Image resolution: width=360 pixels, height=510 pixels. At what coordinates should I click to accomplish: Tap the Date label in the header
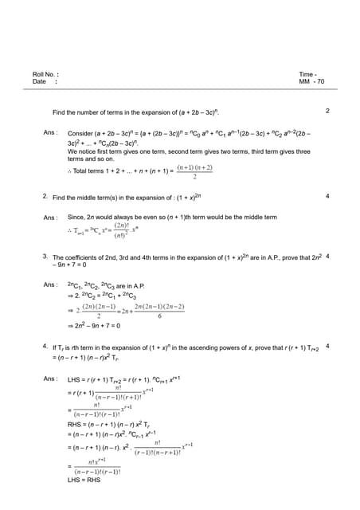click(x=39, y=82)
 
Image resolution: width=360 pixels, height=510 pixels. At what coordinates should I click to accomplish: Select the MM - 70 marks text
click(x=311, y=82)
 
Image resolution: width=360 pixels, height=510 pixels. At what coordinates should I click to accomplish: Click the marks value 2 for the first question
click(x=327, y=111)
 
